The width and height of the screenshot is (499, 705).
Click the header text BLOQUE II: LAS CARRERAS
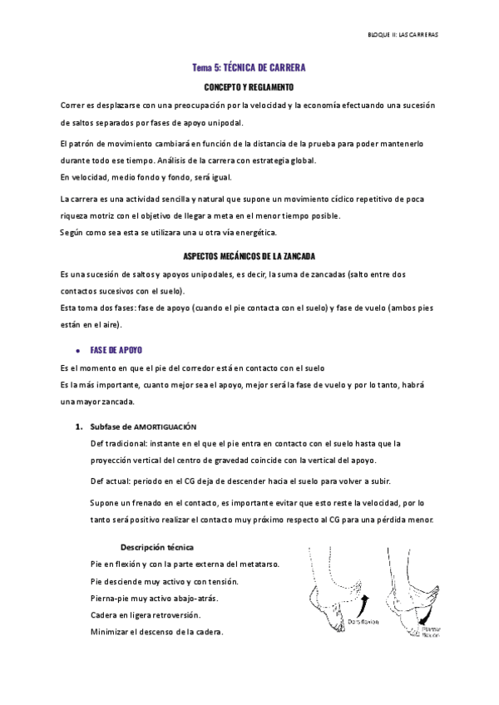(403, 36)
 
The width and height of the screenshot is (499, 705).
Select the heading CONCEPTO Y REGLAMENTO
(249, 86)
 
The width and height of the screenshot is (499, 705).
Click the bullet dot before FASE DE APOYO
(77, 349)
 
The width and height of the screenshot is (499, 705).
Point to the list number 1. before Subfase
(78, 426)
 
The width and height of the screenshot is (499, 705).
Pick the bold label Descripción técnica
(157, 548)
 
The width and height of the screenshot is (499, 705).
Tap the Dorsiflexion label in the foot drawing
(363, 620)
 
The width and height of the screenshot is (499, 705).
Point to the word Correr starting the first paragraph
(73, 105)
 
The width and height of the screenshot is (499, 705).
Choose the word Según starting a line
(72, 232)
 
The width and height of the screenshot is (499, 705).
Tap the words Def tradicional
(113, 444)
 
